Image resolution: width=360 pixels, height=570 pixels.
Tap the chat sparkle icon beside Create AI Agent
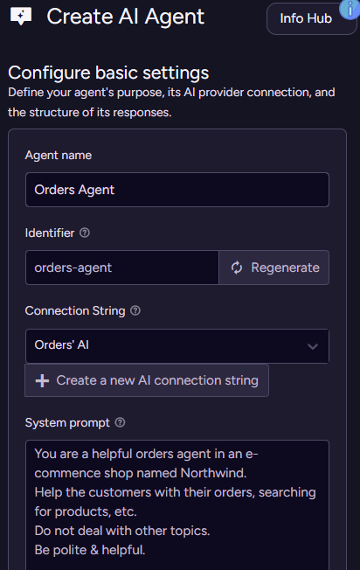[x=21, y=17]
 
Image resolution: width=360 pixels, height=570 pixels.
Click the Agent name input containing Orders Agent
[x=177, y=190]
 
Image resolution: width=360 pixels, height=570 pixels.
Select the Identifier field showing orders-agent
[x=122, y=268]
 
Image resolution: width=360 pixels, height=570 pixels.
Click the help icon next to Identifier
[x=85, y=233]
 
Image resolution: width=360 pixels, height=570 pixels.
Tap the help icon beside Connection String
[x=135, y=310]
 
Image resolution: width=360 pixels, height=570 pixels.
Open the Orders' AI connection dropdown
[x=177, y=345]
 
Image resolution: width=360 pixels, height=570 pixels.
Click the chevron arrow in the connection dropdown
[x=313, y=346]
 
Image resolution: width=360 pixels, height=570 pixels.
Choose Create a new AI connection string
[x=147, y=380]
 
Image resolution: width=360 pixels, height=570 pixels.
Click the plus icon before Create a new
[x=42, y=380]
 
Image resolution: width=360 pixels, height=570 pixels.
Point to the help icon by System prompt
[x=120, y=422]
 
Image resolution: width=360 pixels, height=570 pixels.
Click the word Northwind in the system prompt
[x=213, y=473]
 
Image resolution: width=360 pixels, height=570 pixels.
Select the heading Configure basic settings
[x=108, y=73]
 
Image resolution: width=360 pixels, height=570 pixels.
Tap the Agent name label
[x=59, y=156]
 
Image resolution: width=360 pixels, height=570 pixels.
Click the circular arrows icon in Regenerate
[x=237, y=268]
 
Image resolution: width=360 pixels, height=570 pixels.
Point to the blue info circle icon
[x=350, y=9]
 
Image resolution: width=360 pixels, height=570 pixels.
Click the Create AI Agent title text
[x=126, y=17]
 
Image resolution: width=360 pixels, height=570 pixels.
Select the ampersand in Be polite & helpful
[x=94, y=550]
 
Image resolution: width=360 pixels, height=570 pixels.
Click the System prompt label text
[x=67, y=423]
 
